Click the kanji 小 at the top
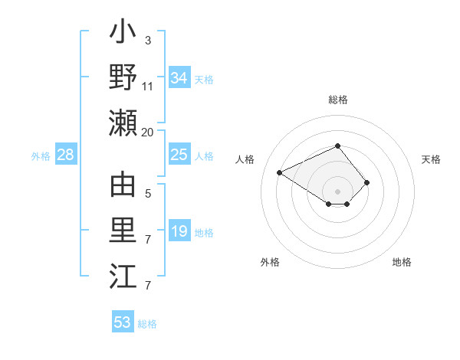[123, 35]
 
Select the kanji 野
[123, 77]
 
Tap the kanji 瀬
[123, 122]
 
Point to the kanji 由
[123, 186]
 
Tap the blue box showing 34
[179, 77]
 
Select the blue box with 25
[179, 155]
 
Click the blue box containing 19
[179, 232]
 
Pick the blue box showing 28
[66, 155]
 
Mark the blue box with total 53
[123, 322]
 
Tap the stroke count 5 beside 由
[147, 194]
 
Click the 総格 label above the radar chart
[338, 100]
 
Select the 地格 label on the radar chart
[402, 262]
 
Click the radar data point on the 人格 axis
[280, 172]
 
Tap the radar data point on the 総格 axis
[338, 146]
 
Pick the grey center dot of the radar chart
[338, 190]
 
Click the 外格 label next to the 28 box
[41, 155]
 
